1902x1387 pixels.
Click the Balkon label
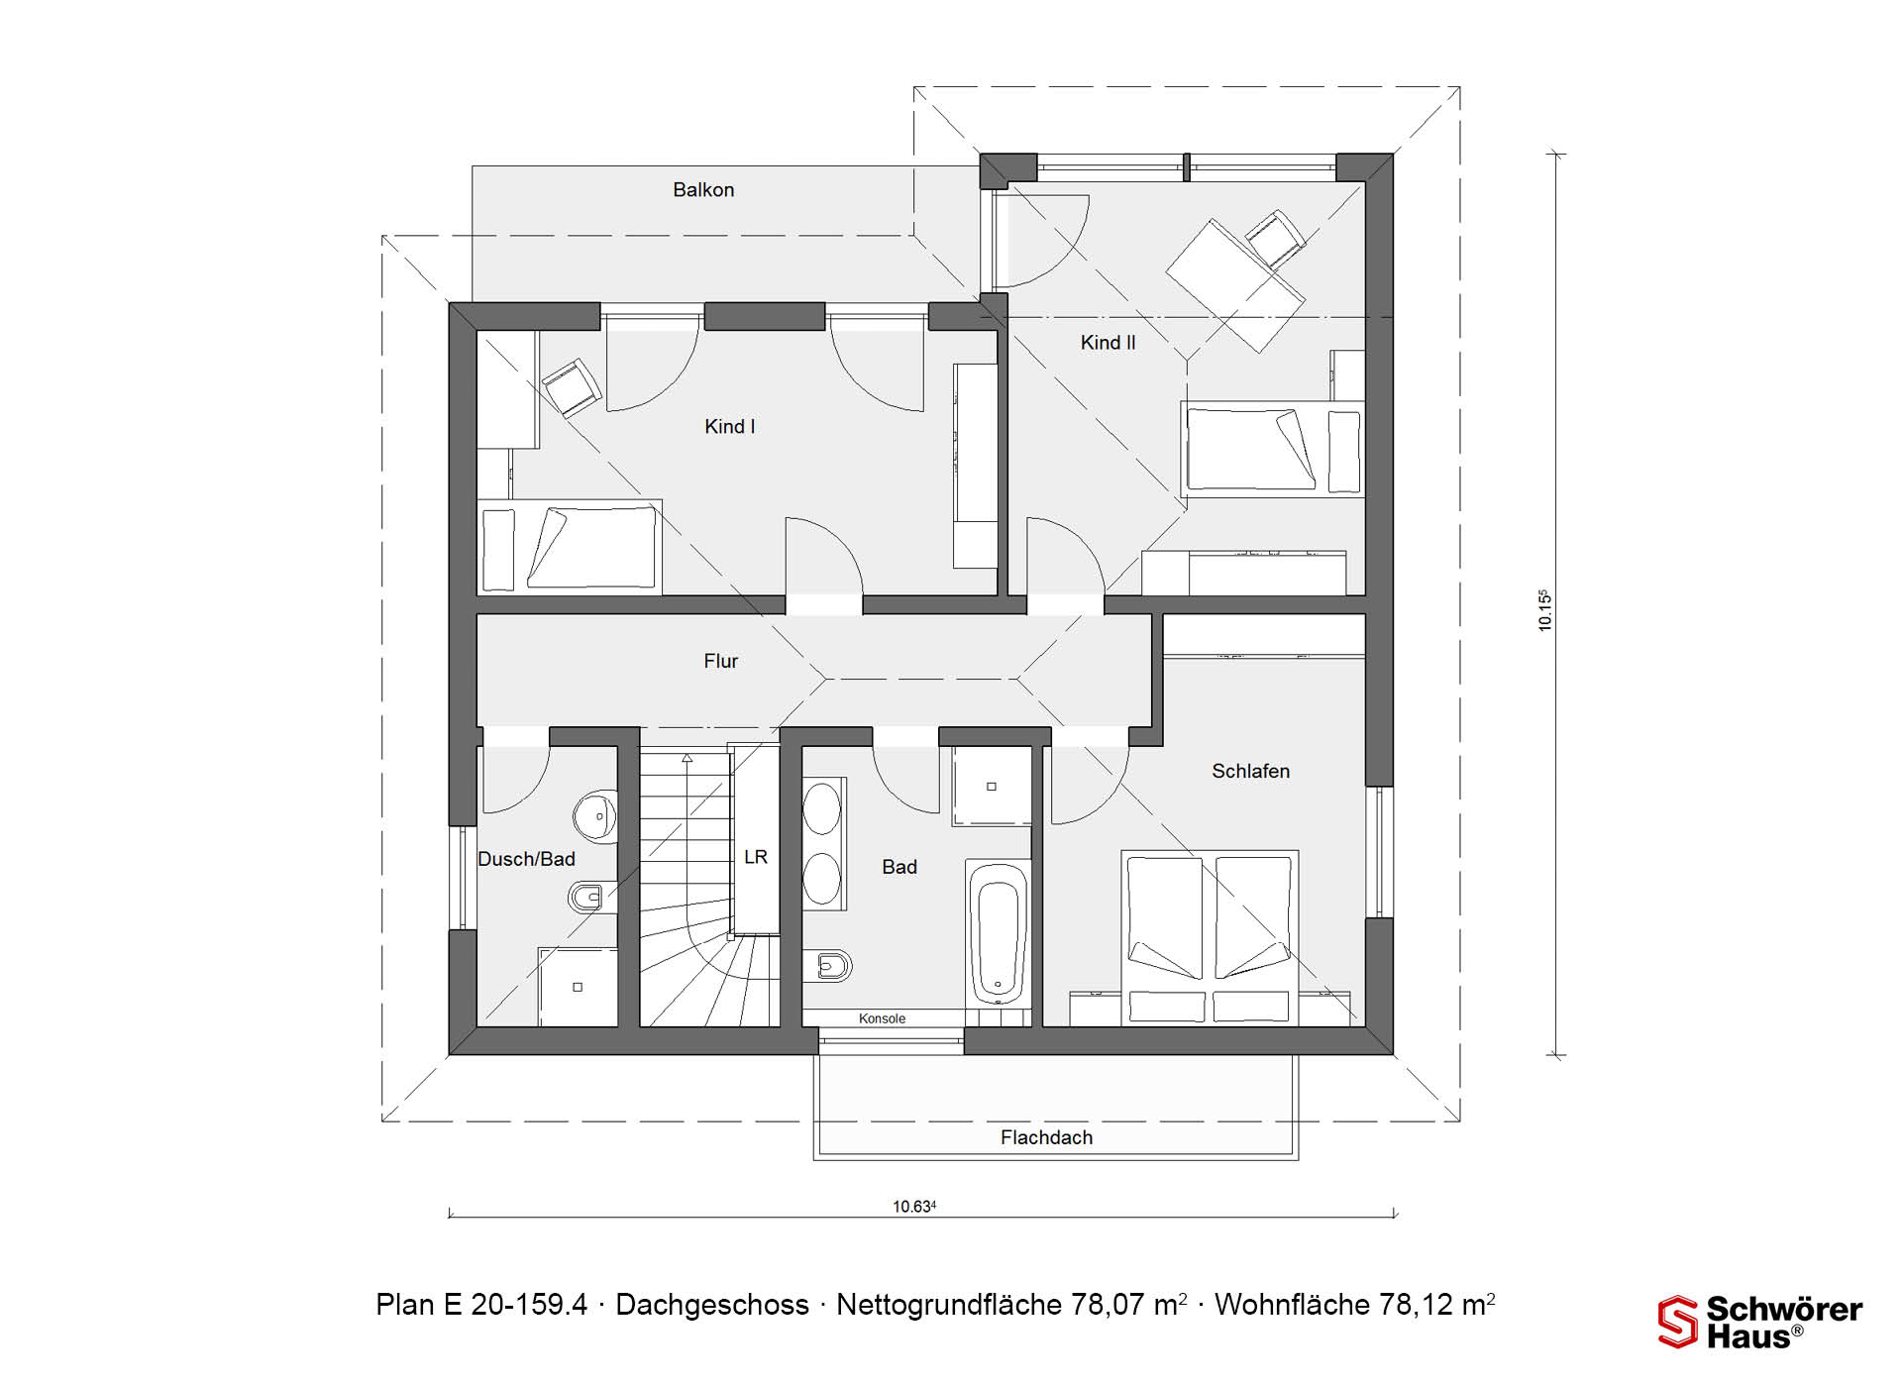tap(703, 189)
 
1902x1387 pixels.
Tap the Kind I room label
tap(730, 426)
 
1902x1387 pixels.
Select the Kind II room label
tap(1108, 342)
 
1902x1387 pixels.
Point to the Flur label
tap(721, 661)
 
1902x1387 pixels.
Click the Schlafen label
tap(1250, 771)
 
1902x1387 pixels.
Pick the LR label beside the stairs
tap(756, 857)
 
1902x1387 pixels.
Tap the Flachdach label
tap(1046, 1137)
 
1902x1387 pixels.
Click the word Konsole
tap(882, 1018)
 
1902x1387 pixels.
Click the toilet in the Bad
tap(828, 965)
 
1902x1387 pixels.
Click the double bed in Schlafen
tap(1210, 937)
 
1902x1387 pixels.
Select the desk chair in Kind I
tap(572, 386)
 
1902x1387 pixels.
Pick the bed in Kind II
tap(1273, 449)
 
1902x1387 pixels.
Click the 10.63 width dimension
tap(914, 1207)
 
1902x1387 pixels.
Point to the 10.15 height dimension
tap(1544, 610)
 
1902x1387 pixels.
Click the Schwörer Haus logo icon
tap(1677, 1322)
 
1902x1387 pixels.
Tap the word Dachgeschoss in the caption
tap(712, 1305)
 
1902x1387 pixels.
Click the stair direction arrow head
tap(686, 758)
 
